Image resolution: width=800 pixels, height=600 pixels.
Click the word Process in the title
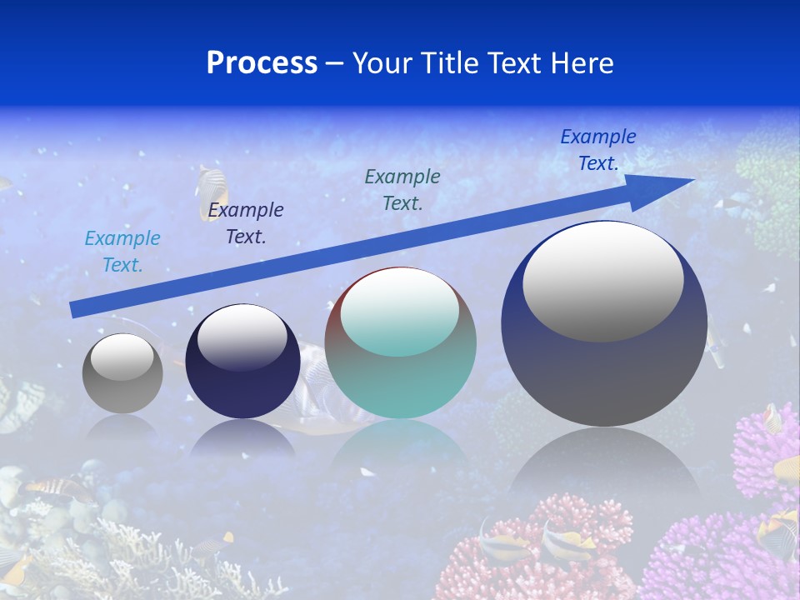[262, 63]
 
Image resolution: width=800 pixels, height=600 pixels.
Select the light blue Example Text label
[122, 252]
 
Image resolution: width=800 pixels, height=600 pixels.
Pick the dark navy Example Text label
[246, 223]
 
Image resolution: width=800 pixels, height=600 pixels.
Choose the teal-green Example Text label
[402, 189]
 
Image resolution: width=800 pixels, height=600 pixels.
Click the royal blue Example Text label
[598, 150]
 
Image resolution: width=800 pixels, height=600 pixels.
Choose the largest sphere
[604, 367]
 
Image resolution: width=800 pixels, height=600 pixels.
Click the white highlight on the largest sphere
[603, 281]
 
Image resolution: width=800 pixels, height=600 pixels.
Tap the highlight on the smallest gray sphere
[122, 357]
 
